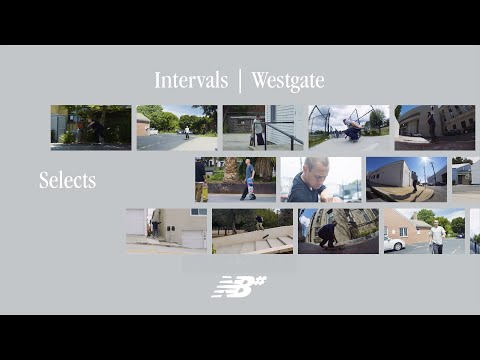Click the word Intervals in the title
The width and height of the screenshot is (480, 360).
coord(192,81)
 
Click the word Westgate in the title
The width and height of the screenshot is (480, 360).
coord(288,81)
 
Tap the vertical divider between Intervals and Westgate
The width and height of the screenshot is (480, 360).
coord(240,81)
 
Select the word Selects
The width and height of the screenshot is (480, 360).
coord(68,181)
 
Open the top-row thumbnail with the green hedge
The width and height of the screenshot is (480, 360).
coord(91,127)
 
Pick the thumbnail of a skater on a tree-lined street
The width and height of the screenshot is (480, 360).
coord(177,127)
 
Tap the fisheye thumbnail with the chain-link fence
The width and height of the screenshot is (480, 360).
coord(347,127)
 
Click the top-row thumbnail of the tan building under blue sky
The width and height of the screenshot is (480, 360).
coord(434,127)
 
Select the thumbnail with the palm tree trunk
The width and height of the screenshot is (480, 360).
coord(235,179)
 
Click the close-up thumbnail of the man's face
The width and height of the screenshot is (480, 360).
coord(320,179)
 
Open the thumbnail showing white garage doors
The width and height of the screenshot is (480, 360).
coord(166,230)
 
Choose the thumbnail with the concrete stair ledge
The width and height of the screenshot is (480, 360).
coord(253,230)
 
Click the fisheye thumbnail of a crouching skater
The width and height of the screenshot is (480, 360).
coord(338,230)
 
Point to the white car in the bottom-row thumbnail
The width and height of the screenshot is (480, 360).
coord(394,243)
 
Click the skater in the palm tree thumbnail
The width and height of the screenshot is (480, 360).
coord(249,177)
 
